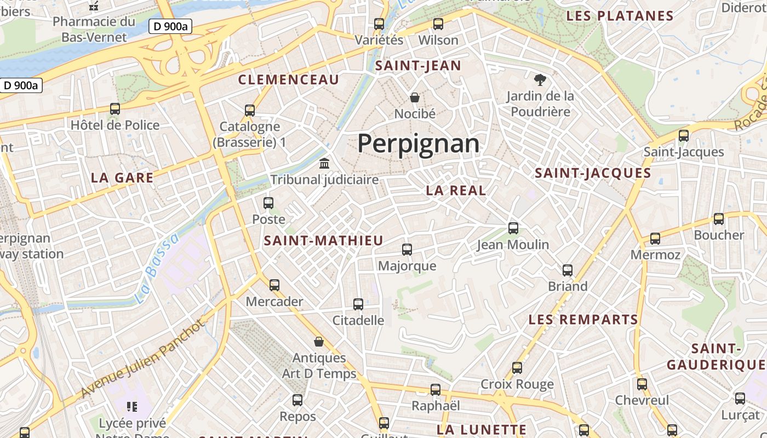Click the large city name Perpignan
point(418,143)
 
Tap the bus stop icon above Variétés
point(379,24)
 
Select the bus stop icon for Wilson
point(438,24)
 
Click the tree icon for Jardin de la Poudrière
point(540,80)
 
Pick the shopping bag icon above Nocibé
point(415,97)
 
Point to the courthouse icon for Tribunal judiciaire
point(324,164)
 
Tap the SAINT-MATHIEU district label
point(323,241)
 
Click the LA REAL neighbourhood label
point(456,191)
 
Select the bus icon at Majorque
point(407,250)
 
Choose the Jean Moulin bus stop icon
point(513,228)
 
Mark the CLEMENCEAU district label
point(289,80)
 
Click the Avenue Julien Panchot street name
point(144,359)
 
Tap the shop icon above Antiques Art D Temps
point(319,342)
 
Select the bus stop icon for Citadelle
point(358,304)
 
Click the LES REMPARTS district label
point(583,320)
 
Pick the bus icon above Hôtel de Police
point(115,109)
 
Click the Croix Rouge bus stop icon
point(517,368)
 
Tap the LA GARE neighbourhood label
point(122,178)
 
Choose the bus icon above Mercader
point(274,285)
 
